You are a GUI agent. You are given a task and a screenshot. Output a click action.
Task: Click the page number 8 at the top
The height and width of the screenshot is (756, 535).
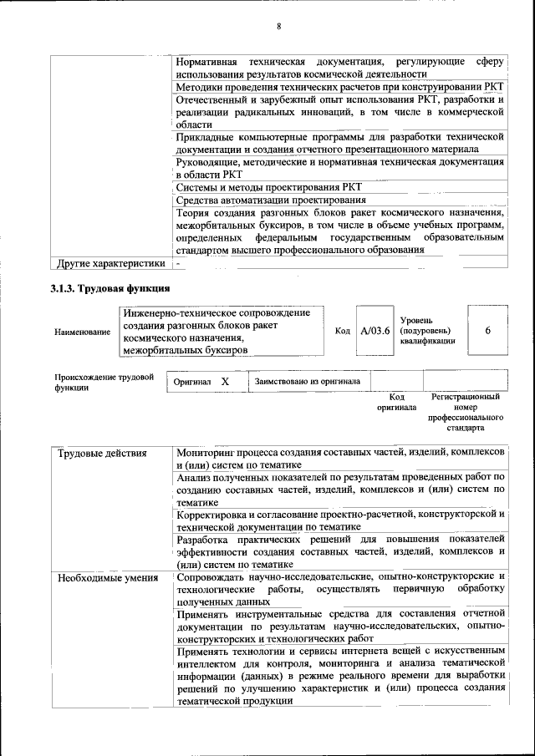(x=279, y=27)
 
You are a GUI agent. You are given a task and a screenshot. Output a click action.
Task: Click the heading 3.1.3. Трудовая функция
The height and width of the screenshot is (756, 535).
(x=110, y=289)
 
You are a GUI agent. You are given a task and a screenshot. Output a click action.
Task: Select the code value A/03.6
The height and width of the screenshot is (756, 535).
(x=375, y=331)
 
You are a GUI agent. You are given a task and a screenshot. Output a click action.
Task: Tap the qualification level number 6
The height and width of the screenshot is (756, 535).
(x=487, y=331)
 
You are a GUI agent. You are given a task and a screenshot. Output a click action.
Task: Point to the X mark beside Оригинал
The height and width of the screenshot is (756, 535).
(x=225, y=382)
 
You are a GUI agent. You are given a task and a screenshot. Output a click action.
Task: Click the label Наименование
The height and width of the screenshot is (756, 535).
(x=82, y=332)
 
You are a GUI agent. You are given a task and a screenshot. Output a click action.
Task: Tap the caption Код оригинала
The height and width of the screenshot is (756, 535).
(x=397, y=403)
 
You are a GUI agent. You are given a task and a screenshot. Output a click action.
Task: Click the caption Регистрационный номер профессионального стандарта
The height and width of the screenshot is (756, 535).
(x=466, y=412)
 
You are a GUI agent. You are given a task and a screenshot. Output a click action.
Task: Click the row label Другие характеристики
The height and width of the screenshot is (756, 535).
(x=110, y=264)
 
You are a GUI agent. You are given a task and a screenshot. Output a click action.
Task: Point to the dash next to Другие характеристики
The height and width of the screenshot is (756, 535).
(x=178, y=264)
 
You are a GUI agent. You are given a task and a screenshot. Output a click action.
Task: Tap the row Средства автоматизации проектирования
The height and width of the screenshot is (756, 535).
(x=271, y=200)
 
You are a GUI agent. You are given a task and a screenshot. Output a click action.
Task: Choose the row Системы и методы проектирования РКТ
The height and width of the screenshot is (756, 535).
(x=269, y=187)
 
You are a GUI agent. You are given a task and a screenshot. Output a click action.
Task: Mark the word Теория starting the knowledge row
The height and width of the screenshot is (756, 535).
(x=196, y=213)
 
